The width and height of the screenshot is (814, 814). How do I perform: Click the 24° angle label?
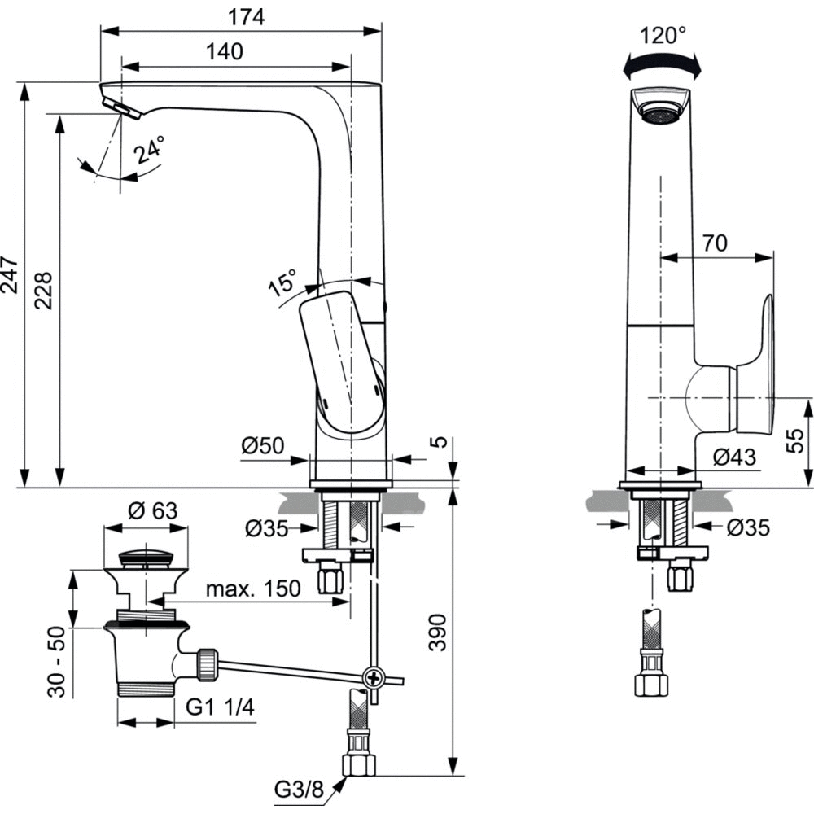pyautogui.click(x=150, y=151)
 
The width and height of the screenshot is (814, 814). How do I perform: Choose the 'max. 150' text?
pyautogui.click(x=252, y=589)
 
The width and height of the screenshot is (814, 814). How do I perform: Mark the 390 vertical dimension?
pyautogui.click(x=437, y=630)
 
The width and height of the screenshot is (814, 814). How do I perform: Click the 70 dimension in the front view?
pyautogui.click(x=715, y=243)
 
